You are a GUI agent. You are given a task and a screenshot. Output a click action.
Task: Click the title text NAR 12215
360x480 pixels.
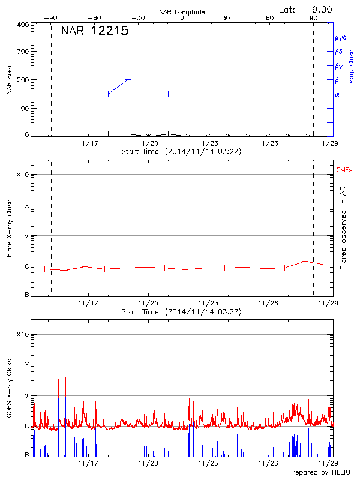click(x=94, y=32)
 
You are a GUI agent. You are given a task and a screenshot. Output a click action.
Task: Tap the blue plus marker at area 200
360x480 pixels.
click(x=128, y=79)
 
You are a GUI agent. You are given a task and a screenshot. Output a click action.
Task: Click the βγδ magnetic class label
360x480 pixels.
click(x=339, y=37)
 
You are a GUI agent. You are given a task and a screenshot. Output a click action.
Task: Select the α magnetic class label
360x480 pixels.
click(x=337, y=94)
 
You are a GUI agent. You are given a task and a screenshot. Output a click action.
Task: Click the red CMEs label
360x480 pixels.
click(x=344, y=171)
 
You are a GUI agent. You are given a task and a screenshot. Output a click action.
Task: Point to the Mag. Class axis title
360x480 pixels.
click(x=352, y=66)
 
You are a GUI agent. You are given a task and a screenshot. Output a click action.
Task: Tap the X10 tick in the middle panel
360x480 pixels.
click(x=23, y=175)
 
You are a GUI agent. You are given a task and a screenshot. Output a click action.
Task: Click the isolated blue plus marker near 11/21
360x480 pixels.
click(x=169, y=94)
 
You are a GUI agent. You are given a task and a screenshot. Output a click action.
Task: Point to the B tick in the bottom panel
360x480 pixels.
click(x=26, y=455)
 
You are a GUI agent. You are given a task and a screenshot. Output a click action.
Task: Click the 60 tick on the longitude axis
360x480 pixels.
click(x=270, y=18)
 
